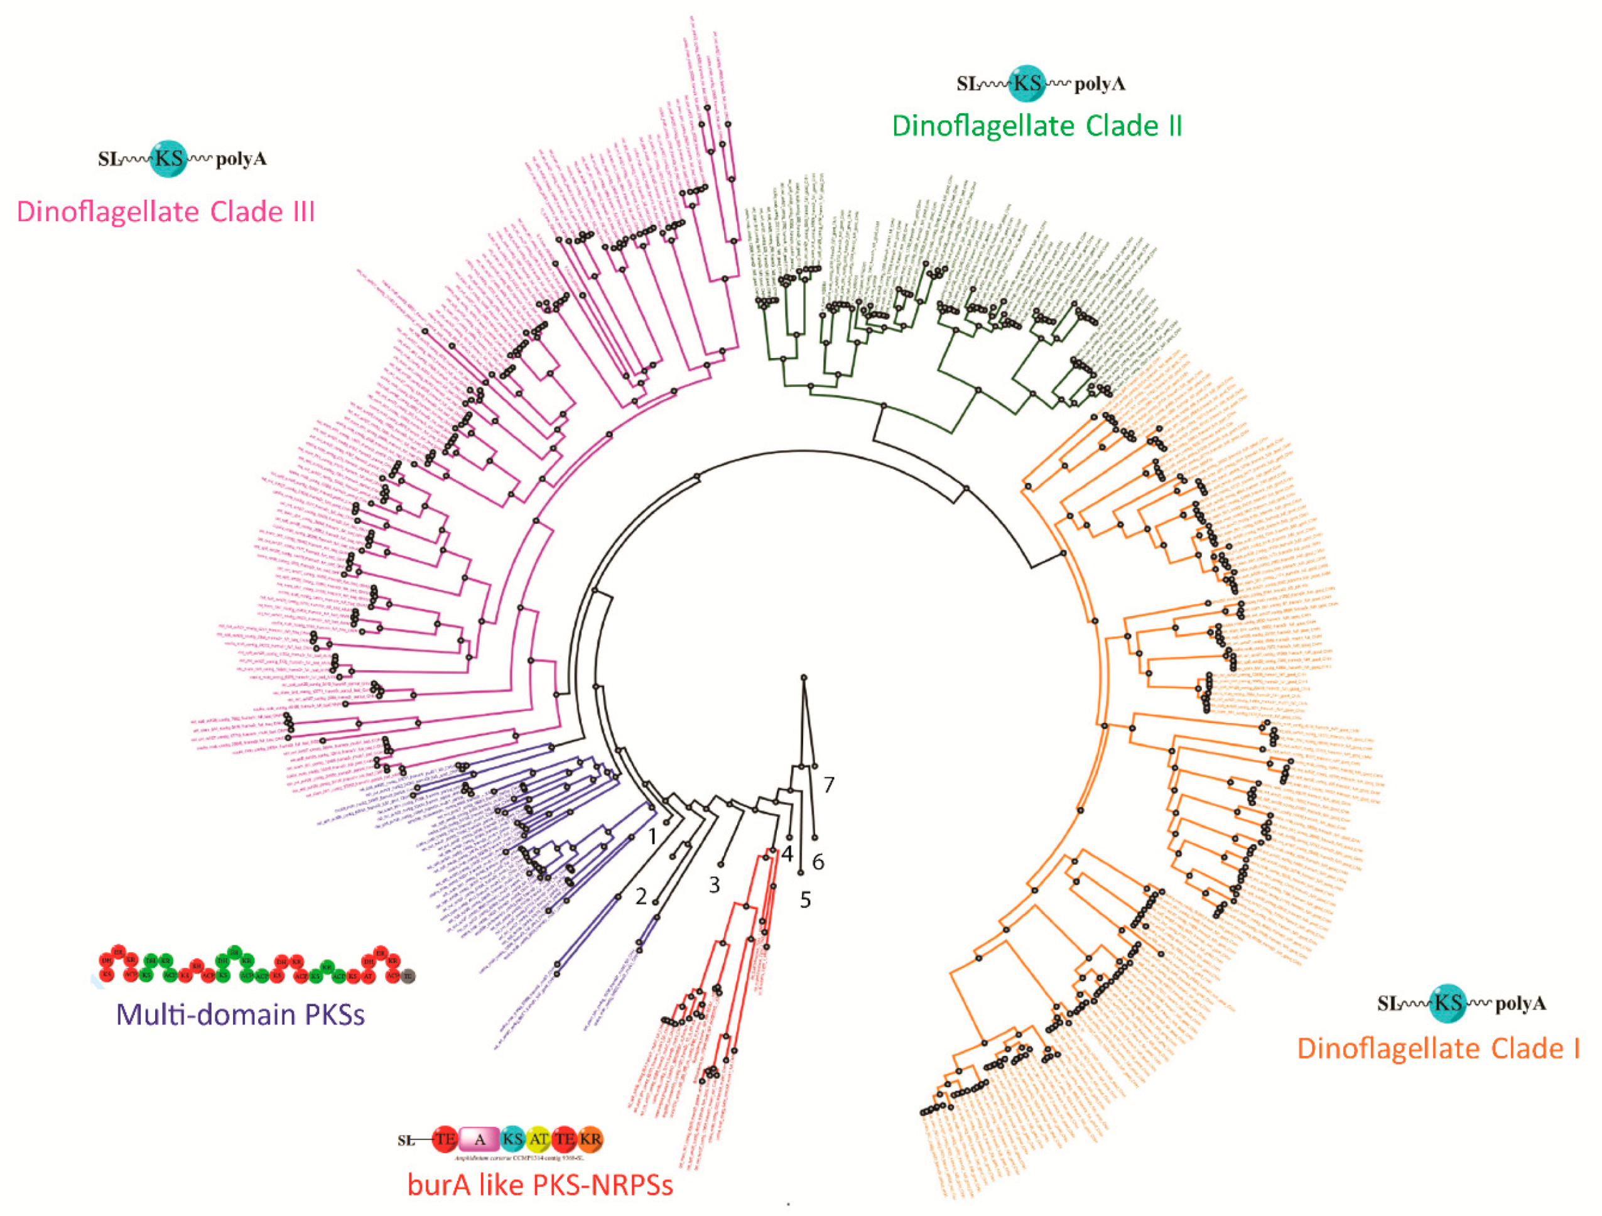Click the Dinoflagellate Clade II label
1036,126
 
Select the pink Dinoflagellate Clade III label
165,212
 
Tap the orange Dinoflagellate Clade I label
1438,1048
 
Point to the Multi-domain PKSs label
241,1014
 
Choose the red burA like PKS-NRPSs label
539,1185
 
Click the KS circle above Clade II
1027,84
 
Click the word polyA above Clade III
241,159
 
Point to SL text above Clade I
1388,1003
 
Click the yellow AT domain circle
538,1139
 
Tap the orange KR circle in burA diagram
590,1139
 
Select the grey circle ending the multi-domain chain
408,975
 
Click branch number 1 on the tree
652,837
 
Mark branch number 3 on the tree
714,884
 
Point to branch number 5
805,900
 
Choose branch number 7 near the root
828,784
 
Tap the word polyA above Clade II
1100,84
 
